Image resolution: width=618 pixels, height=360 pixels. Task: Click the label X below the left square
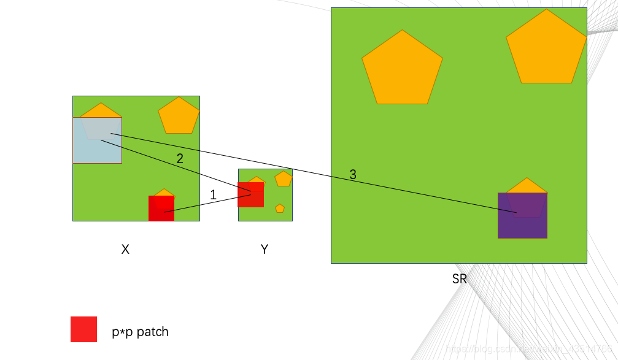pos(125,250)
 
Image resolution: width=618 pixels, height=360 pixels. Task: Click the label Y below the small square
pos(265,250)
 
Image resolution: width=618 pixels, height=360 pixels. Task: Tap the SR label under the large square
pos(459,279)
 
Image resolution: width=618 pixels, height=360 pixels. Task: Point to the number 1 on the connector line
pos(213,195)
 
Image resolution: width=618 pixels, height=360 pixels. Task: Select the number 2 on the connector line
pos(180,158)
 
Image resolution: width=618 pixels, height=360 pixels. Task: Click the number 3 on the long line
pos(353,175)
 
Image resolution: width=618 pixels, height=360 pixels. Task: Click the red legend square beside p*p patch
pos(83,329)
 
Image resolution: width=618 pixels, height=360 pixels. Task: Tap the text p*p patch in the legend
pos(140,332)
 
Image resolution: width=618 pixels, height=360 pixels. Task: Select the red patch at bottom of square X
pos(161,209)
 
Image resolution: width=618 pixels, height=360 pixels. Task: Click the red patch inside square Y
pos(250,194)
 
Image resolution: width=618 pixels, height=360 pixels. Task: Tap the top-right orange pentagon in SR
pos(546,49)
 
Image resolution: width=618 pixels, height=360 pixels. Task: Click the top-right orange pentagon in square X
pos(179,116)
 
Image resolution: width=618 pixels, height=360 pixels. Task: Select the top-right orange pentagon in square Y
pos(284,178)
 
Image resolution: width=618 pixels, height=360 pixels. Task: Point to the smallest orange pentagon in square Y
pos(280,209)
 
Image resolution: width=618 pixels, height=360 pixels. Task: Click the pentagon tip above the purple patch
pos(526,185)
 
